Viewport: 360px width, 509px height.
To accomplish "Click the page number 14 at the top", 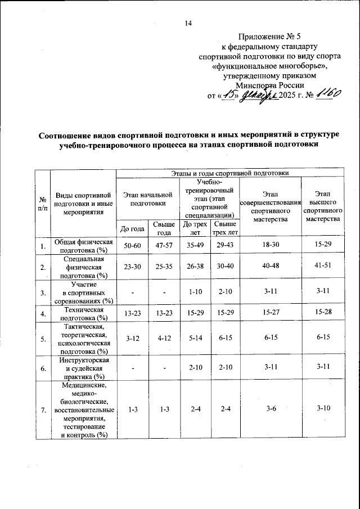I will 188,23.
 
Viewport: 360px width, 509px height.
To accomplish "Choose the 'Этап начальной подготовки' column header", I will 147,199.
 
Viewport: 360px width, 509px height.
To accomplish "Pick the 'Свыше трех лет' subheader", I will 224,228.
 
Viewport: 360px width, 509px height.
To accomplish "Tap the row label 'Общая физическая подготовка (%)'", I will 83,246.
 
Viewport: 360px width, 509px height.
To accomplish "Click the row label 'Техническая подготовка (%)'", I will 83,313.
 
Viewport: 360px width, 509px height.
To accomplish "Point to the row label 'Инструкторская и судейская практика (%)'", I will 83,368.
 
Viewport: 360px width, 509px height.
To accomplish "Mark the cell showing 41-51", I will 323,267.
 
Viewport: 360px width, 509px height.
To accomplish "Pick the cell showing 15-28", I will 323,313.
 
